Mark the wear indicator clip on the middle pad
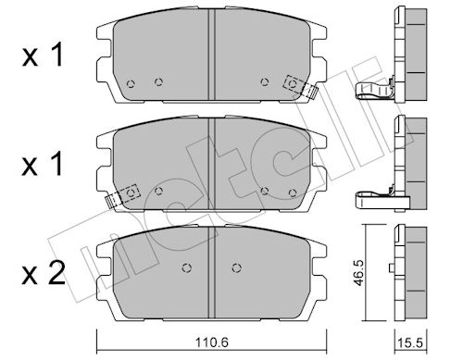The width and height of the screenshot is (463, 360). coord(123,194)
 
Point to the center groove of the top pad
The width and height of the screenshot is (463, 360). coord(213,51)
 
